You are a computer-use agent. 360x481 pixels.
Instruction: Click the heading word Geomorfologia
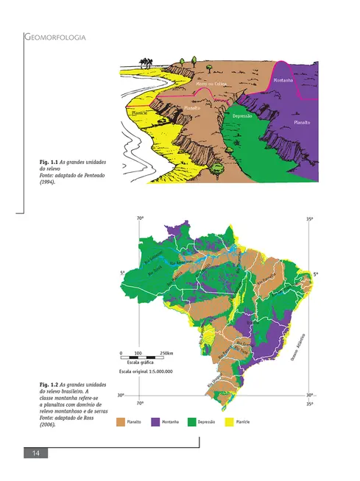57,36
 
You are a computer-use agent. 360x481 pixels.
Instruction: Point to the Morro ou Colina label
211,84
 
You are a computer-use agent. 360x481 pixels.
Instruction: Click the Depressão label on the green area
243,116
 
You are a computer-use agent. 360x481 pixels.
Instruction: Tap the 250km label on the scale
166,353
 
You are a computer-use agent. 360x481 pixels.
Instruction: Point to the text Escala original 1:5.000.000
146,372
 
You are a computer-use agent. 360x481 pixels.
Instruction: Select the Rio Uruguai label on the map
211,382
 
